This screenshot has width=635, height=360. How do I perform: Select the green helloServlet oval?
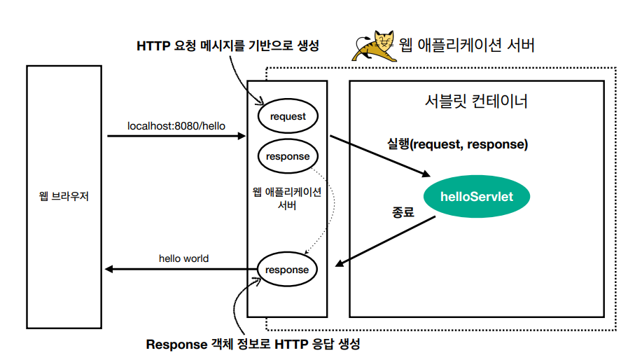tap(477, 196)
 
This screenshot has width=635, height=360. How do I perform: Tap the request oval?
tap(287, 116)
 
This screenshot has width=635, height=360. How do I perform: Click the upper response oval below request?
tap(287, 156)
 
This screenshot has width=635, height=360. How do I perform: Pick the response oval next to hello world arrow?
tap(287, 270)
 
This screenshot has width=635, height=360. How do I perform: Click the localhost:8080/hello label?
tap(176, 126)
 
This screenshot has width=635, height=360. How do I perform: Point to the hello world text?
tap(183, 258)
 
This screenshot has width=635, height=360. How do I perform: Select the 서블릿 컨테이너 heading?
tap(476, 102)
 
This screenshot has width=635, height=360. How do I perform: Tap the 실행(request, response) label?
tap(457, 145)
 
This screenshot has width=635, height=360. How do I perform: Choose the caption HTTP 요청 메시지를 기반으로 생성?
tap(228, 46)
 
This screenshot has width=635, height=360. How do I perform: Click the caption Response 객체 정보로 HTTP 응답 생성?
tap(253, 344)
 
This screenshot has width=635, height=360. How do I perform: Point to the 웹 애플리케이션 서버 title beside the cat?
tap(467, 46)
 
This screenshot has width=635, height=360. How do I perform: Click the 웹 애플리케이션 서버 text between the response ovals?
tap(287, 198)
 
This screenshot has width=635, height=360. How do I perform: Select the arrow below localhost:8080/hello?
tap(176, 136)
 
